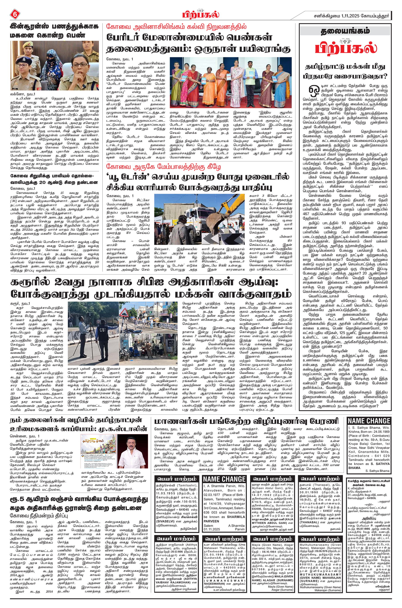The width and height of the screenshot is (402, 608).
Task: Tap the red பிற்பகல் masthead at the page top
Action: tap(201, 14)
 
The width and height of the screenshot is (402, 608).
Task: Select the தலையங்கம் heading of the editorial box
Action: tap(345, 31)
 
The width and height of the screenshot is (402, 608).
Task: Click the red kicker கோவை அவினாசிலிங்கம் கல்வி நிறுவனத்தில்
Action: tap(176, 26)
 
